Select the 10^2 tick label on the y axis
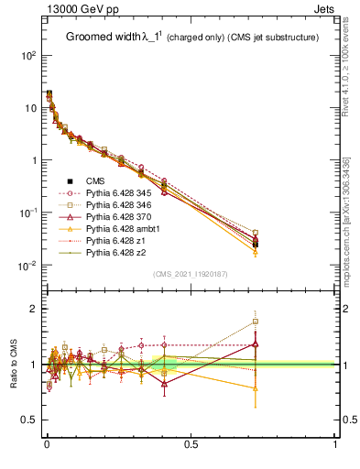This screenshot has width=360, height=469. point(27,55)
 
